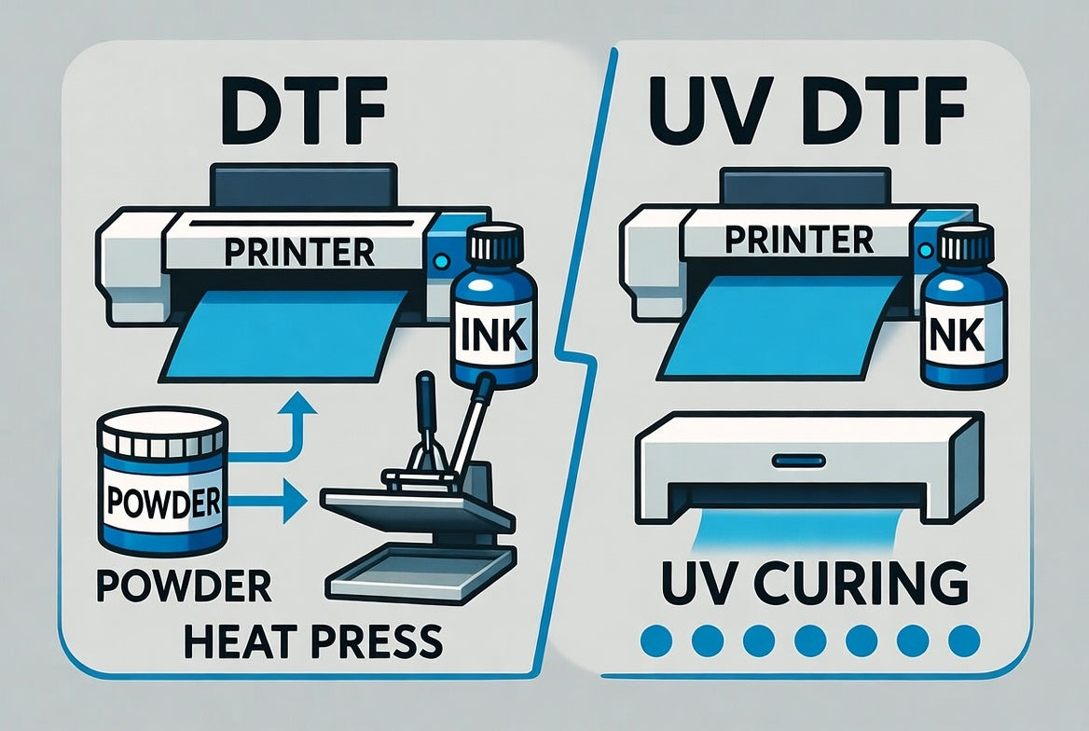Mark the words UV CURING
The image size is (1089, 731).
[807, 583]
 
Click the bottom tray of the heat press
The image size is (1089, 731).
[420, 572]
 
